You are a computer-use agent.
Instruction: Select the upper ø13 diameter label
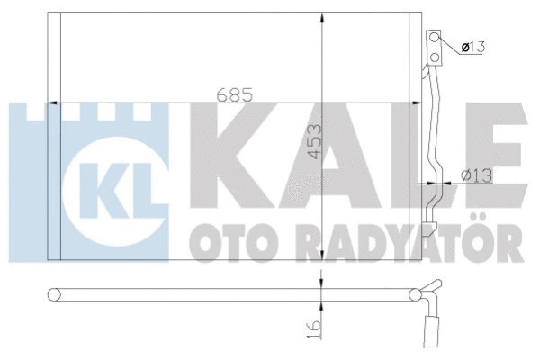[x=472, y=47]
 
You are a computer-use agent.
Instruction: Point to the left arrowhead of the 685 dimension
[x=50, y=102]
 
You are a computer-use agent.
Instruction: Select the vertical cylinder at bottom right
[x=429, y=330]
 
